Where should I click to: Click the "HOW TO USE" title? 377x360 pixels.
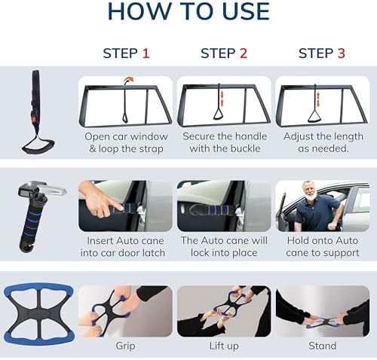[x=188, y=11]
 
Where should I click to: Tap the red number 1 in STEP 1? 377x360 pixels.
[x=146, y=53]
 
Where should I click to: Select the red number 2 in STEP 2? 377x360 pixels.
[x=244, y=53]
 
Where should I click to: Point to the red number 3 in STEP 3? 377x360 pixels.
[x=341, y=53]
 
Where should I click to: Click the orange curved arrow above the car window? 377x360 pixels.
[x=128, y=81]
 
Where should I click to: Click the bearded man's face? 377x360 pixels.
[x=309, y=190]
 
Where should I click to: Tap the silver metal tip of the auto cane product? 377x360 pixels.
[x=55, y=189]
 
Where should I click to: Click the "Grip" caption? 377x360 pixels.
[x=125, y=346]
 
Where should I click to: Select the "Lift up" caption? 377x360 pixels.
[x=224, y=346]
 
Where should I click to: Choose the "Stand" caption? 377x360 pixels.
[x=323, y=346]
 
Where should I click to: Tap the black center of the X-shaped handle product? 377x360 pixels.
[x=38, y=314]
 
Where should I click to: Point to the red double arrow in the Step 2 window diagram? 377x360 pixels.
[x=222, y=98]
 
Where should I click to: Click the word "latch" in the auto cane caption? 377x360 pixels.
[x=154, y=252]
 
